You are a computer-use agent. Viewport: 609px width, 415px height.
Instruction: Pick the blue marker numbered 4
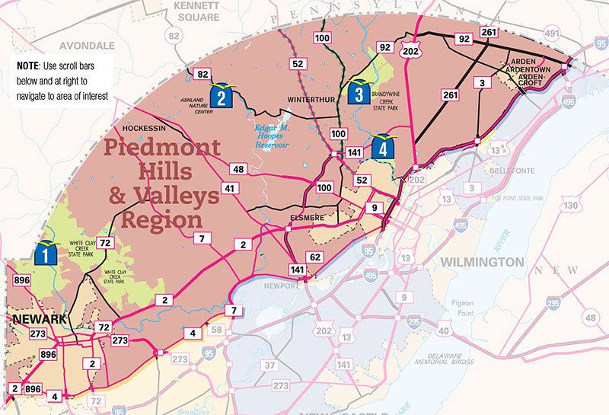point(384,145)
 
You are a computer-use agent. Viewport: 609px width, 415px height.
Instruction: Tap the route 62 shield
point(314,257)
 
